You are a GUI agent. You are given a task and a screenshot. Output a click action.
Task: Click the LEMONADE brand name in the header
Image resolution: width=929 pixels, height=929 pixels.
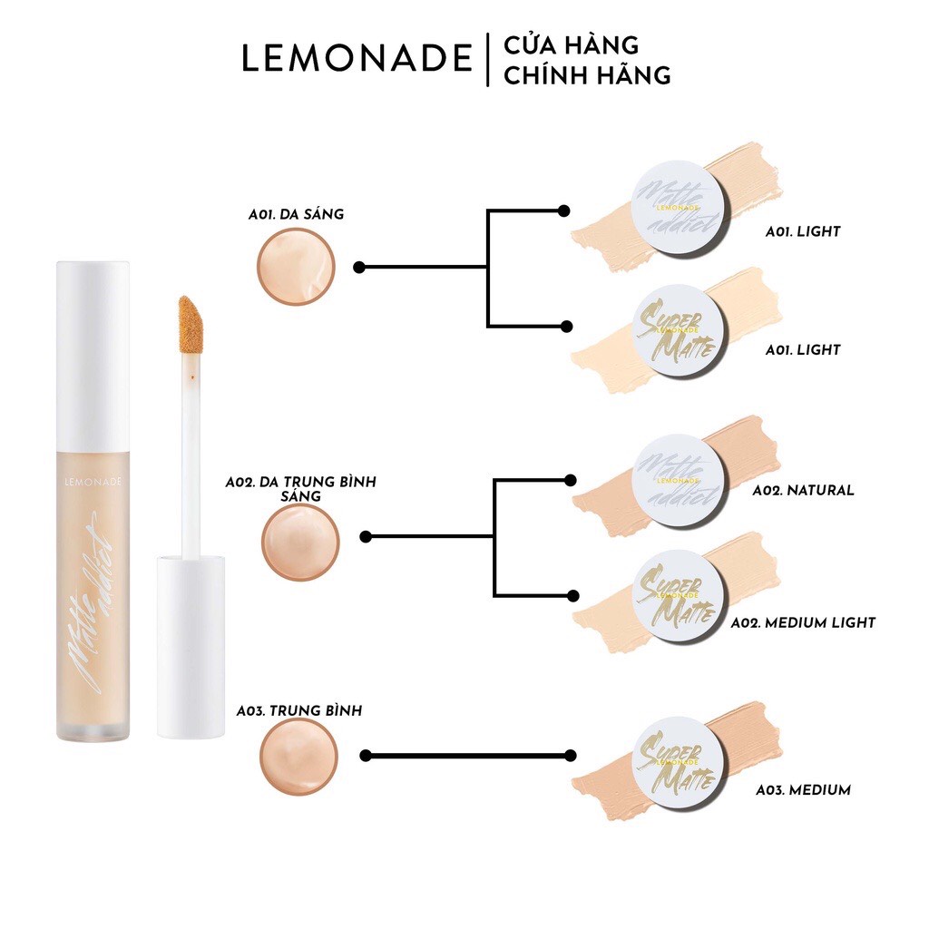click(x=357, y=58)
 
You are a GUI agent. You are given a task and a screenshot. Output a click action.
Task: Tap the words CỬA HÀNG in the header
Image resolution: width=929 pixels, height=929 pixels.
click(x=572, y=44)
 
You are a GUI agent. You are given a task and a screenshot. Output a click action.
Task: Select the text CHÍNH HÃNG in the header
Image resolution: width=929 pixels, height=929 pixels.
click(x=587, y=75)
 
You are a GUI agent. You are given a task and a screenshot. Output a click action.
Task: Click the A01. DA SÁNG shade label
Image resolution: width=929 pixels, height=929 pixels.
click(x=296, y=214)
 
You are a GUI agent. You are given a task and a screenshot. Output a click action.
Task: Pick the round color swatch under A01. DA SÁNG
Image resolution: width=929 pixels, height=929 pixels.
click(x=296, y=267)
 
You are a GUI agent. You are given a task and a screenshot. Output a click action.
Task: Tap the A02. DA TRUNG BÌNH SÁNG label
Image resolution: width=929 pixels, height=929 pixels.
click(x=300, y=489)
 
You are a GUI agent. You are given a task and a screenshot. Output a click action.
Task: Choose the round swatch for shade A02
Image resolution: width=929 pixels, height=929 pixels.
click(x=300, y=543)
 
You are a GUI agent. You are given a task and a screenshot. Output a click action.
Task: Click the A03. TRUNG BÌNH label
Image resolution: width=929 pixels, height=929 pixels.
click(x=300, y=710)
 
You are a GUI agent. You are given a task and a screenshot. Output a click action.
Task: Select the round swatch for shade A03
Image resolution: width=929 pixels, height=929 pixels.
click(x=298, y=757)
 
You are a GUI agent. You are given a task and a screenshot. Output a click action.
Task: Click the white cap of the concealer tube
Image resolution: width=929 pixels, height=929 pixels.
click(x=93, y=354)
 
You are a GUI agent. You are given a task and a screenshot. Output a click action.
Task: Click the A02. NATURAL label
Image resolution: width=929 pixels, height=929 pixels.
click(x=803, y=490)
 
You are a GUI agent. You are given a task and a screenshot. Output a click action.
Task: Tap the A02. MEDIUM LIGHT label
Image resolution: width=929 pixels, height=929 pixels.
click(x=803, y=622)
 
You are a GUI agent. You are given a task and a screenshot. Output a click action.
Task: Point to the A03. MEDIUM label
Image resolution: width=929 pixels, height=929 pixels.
click(x=803, y=790)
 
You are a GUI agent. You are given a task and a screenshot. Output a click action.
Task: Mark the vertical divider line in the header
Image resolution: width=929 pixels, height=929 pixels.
click(x=488, y=60)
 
